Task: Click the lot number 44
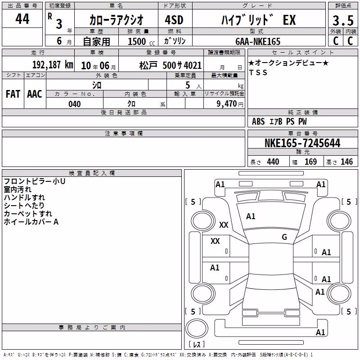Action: click(22, 18)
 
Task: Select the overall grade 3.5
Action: click(343, 20)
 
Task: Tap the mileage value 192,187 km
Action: click(53, 65)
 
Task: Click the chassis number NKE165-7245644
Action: click(302, 143)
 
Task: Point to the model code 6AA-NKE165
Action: click(258, 41)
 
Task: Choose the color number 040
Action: click(74, 104)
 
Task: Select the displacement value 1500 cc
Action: click(141, 41)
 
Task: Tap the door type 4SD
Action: click(174, 20)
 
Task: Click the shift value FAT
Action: click(13, 94)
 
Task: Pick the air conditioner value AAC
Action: click(35, 94)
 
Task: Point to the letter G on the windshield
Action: click(284, 237)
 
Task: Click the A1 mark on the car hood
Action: click(251, 216)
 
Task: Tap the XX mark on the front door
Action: click(215, 241)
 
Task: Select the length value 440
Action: click(273, 162)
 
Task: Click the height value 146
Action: click(346, 162)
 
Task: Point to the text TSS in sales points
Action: click(258, 72)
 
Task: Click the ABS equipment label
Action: click(258, 121)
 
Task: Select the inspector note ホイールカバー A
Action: click(31, 222)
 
